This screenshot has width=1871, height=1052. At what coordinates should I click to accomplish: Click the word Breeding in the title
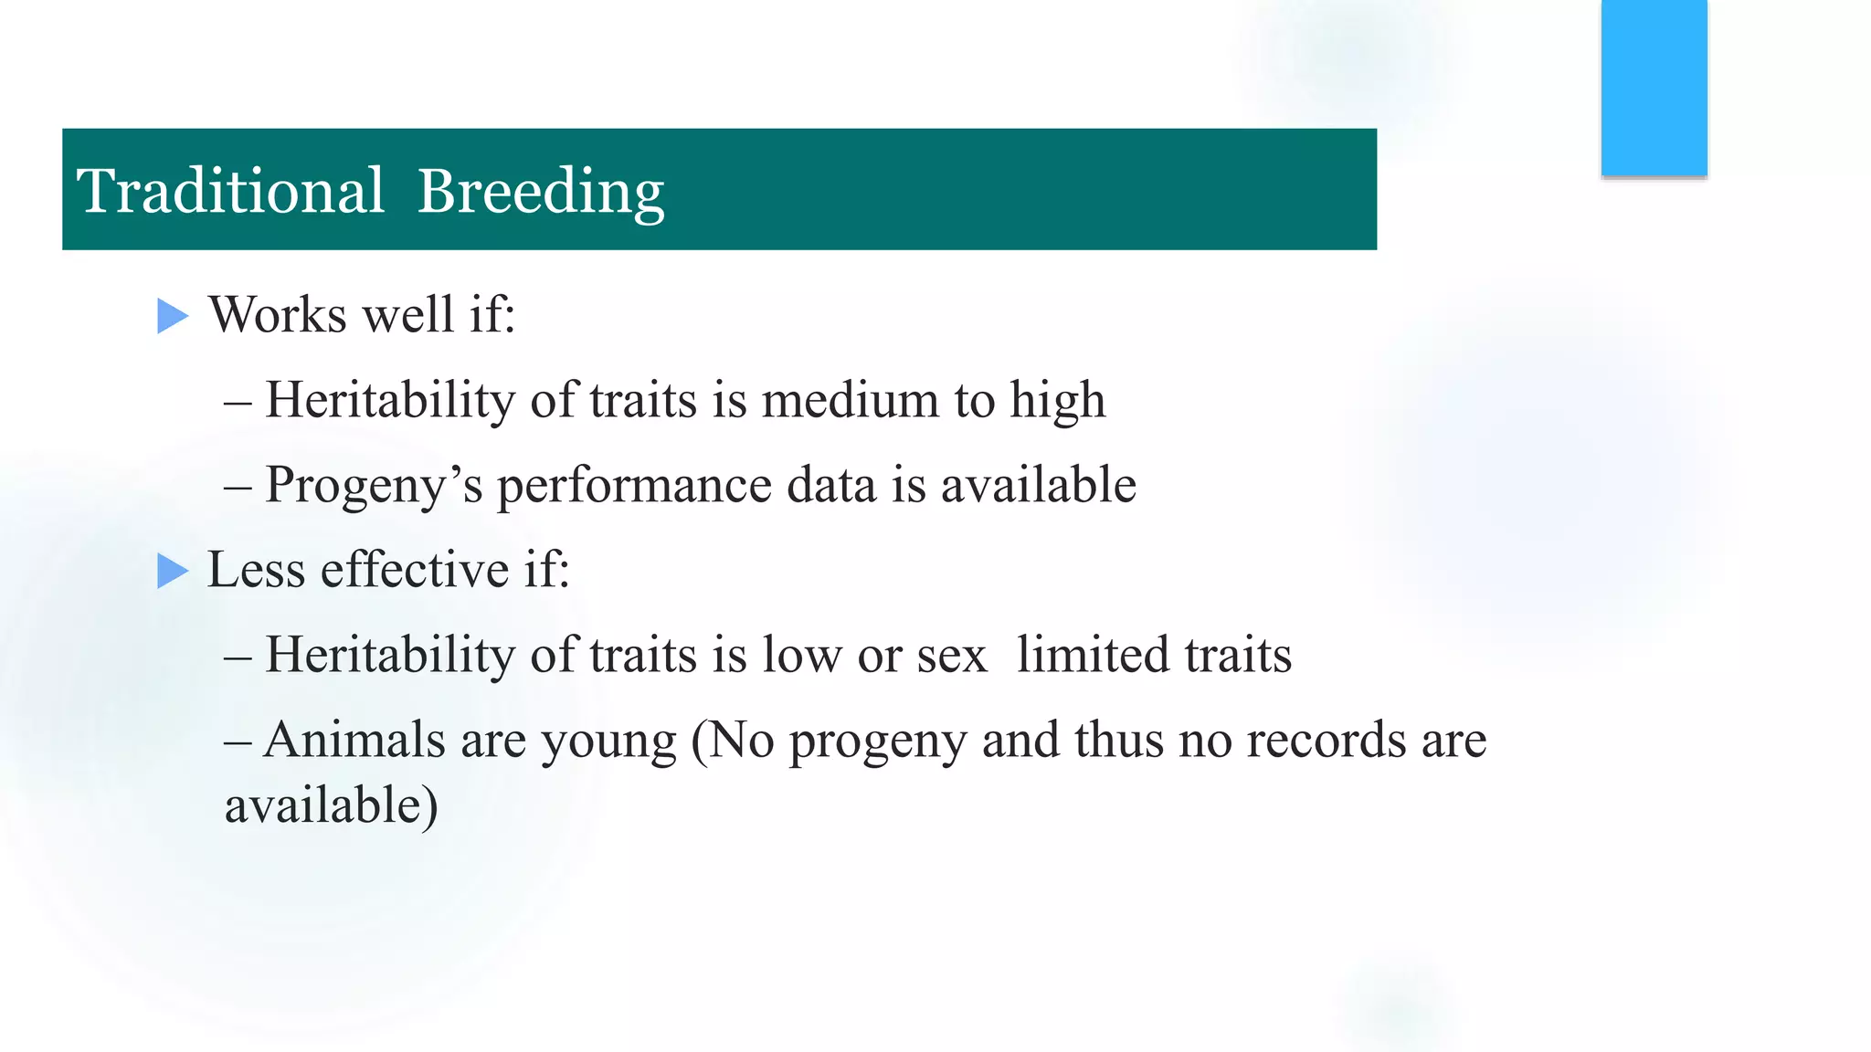click(x=541, y=193)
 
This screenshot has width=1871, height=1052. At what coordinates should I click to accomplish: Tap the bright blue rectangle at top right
click(x=1654, y=87)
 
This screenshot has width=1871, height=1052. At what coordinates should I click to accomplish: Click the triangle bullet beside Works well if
click(x=172, y=316)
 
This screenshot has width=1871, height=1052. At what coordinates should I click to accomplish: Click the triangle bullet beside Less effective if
click(x=172, y=571)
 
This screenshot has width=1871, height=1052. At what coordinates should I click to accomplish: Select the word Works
click(x=278, y=314)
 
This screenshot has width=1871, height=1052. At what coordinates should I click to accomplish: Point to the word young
click(x=608, y=742)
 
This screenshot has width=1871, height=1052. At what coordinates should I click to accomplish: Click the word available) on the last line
click(x=331, y=806)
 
